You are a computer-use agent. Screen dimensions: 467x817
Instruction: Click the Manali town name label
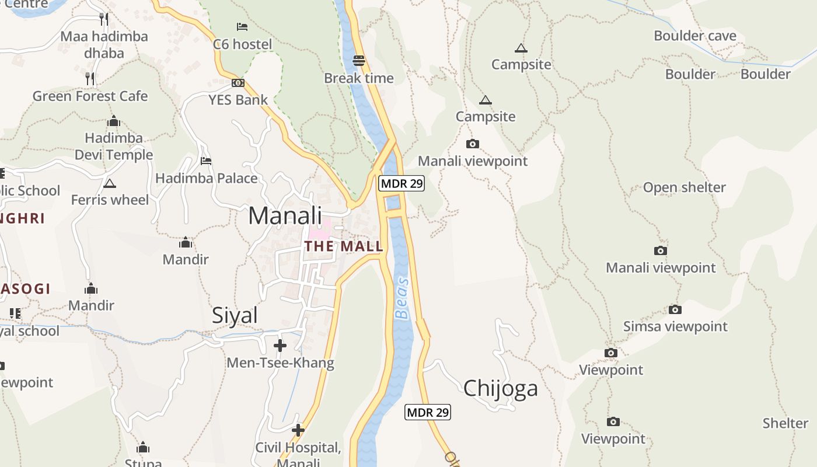(285, 215)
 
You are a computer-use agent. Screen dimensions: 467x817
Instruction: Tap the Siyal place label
(235, 315)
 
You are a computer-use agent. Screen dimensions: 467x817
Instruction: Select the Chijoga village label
(500, 388)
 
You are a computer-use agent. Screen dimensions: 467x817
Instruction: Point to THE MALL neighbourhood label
(344, 246)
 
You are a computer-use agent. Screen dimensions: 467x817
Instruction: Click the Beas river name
(402, 298)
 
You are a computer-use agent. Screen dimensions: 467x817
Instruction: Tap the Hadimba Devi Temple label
(114, 147)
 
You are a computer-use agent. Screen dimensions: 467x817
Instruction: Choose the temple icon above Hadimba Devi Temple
(114, 121)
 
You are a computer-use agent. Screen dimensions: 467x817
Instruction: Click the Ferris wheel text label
(110, 200)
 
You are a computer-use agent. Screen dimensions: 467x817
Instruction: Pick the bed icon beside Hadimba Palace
(206, 161)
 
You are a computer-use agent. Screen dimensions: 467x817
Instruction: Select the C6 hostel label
(242, 44)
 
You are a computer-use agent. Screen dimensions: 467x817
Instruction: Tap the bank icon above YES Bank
(238, 83)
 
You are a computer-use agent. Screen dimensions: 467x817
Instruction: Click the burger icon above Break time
(359, 60)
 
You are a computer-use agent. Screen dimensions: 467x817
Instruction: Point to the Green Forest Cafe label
(90, 96)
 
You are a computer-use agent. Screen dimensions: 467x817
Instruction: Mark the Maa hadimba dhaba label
(104, 45)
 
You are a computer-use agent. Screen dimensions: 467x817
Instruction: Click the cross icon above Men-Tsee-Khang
(280, 346)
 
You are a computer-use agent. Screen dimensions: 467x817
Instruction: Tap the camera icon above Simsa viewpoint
(675, 309)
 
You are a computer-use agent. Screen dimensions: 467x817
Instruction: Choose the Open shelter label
(684, 188)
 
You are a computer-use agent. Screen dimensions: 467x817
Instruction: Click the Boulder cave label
(695, 36)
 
